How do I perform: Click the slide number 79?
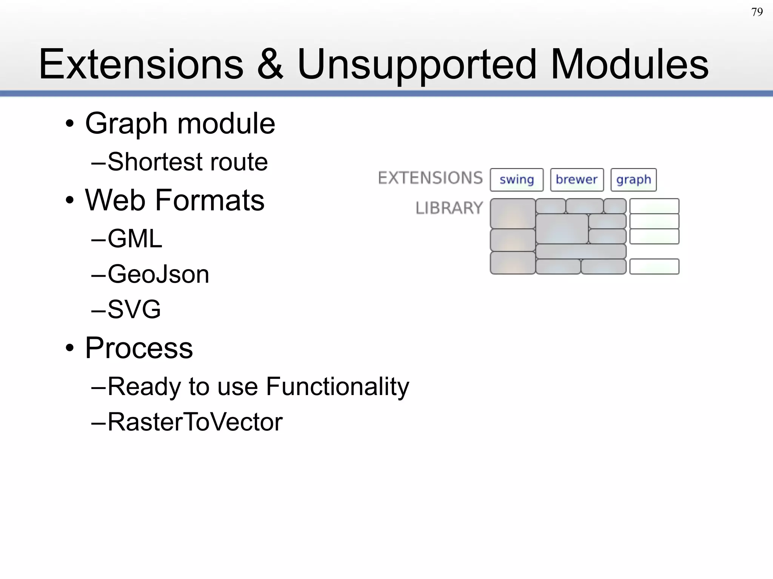pyautogui.click(x=757, y=12)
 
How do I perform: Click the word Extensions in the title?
pyautogui.click(x=141, y=65)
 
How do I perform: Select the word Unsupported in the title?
pyautogui.click(x=417, y=65)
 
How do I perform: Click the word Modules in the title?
pyautogui.click(x=629, y=65)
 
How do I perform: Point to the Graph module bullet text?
pyautogui.click(x=180, y=124)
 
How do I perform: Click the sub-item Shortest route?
pyautogui.click(x=188, y=162)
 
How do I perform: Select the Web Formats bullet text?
pyautogui.click(x=175, y=200)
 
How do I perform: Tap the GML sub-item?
pyautogui.click(x=135, y=239)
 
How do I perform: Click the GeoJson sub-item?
pyautogui.click(x=158, y=274)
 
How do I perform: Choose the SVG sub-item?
pyautogui.click(x=134, y=309)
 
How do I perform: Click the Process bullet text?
pyautogui.click(x=139, y=348)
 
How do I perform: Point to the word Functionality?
pyautogui.click(x=337, y=387)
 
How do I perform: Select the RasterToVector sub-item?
pyautogui.click(x=195, y=422)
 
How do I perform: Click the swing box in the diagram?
pyautogui.click(x=516, y=180)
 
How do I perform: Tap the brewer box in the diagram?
pyautogui.click(x=576, y=180)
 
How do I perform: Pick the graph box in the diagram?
pyautogui.click(x=633, y=180)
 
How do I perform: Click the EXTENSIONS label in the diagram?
pyautogui.click(x=430, y=178)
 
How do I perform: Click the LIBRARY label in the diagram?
pyautogui.click(x=449, y=208)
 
